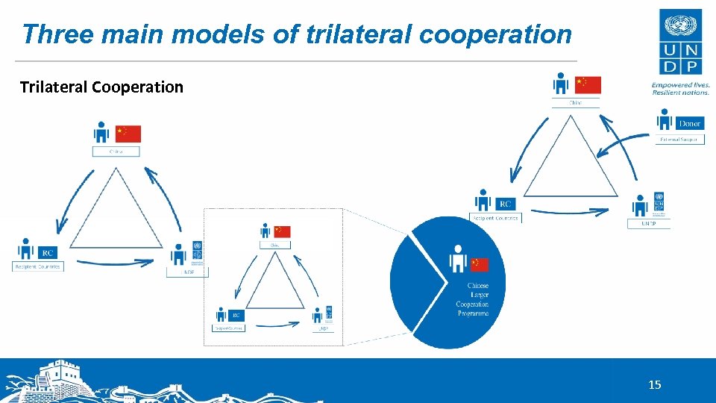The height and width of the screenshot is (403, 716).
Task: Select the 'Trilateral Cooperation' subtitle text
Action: pyautogui.click(x=101, y=87)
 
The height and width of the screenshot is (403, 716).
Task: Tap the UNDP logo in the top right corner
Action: pyautogui.click(x=679, y=42)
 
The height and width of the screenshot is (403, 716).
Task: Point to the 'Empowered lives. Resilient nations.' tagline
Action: pyautogui.click(x=680, y=89)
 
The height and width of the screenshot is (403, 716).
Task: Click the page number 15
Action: pyautogui.click(x=654, y=385)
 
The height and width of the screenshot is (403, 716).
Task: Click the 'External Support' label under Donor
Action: pyautogui.click(x=680, y=140)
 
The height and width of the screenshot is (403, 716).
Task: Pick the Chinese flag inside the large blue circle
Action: pyautogui.click(x=480, y=264)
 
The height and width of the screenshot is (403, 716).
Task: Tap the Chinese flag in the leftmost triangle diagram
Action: pyautogui.click(x=128, y=134)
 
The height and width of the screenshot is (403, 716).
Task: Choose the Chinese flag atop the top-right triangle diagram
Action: pyautogui.click(x=588, y=85)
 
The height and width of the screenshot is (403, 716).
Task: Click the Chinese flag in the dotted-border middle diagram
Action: pyautogui.click(x=282, y=231)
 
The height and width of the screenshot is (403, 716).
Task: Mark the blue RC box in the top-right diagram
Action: pyautogui.click(x=506, y=204)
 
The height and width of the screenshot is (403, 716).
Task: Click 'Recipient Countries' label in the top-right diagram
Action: pyautogui.click(x=494, y=218)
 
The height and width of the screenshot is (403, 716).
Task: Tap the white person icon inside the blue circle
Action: pyautogui.click(x=458, y=260)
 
